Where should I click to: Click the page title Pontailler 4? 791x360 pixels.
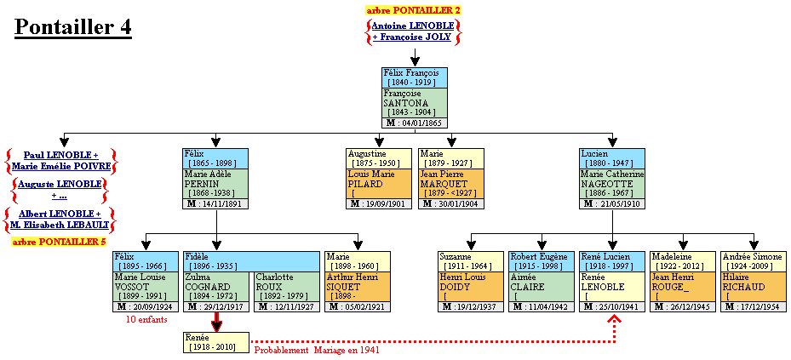pyautogui.click(x=73, y=27)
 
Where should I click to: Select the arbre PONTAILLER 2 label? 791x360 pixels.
pyautogui.click(x=413, y=10)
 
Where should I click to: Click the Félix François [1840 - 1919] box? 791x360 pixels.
pyautogui.click(x=415, y=77)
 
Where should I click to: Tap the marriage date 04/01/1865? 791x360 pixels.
pyautogui.click(x=415, y=123)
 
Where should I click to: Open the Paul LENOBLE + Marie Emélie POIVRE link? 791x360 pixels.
pyautogui.click(x=60, y=160)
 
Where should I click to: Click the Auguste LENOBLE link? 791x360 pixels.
pyautogui.click(x=60, y=183)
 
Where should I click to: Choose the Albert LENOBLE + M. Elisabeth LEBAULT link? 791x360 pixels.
pyautogui.click(x=60, y=219)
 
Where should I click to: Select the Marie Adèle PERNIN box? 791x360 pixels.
pyautogui.click(x=215, y=183)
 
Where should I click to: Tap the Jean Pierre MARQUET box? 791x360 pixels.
pyautogui.click(x=451, y=183)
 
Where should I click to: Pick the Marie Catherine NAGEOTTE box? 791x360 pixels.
pyautogui.click(x=611, y=183)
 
